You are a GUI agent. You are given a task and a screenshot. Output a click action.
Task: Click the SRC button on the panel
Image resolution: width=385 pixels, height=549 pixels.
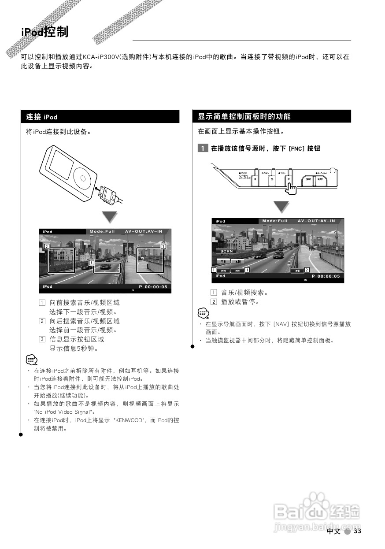(x=308, y=180)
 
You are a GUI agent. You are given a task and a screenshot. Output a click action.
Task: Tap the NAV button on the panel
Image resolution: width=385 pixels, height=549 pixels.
(x=321, y=180)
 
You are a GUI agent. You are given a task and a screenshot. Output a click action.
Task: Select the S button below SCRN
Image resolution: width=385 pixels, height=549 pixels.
(x=272, y=179)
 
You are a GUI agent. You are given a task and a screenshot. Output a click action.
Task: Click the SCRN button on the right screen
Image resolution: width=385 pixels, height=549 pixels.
(x=226, y=251)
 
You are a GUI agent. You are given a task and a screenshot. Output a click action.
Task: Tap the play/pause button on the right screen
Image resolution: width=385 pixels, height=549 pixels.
(x=298, y=271)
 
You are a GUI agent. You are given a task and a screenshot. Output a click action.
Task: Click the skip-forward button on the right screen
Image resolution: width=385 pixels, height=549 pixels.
(x=237, y=271)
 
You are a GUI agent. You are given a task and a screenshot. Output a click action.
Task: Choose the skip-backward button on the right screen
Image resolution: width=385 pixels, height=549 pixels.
(x=223, y=271)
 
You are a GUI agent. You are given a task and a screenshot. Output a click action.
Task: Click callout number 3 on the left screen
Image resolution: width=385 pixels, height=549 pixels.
(x=91, y=263)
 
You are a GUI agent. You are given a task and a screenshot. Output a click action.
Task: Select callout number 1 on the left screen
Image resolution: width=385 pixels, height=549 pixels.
(x=163, y=247)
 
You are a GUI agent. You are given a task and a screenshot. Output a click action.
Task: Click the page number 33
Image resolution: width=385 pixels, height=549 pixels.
(x=357, y=531)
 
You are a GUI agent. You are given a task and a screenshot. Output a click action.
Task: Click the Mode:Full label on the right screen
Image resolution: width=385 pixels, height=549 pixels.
(x=275, y=221)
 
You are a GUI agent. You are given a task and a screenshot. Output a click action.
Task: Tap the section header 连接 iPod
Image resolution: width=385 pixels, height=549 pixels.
(x=41, y=117)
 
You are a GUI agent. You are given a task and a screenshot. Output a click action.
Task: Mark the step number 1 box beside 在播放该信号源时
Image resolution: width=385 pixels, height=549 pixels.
(x=203, y=148)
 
